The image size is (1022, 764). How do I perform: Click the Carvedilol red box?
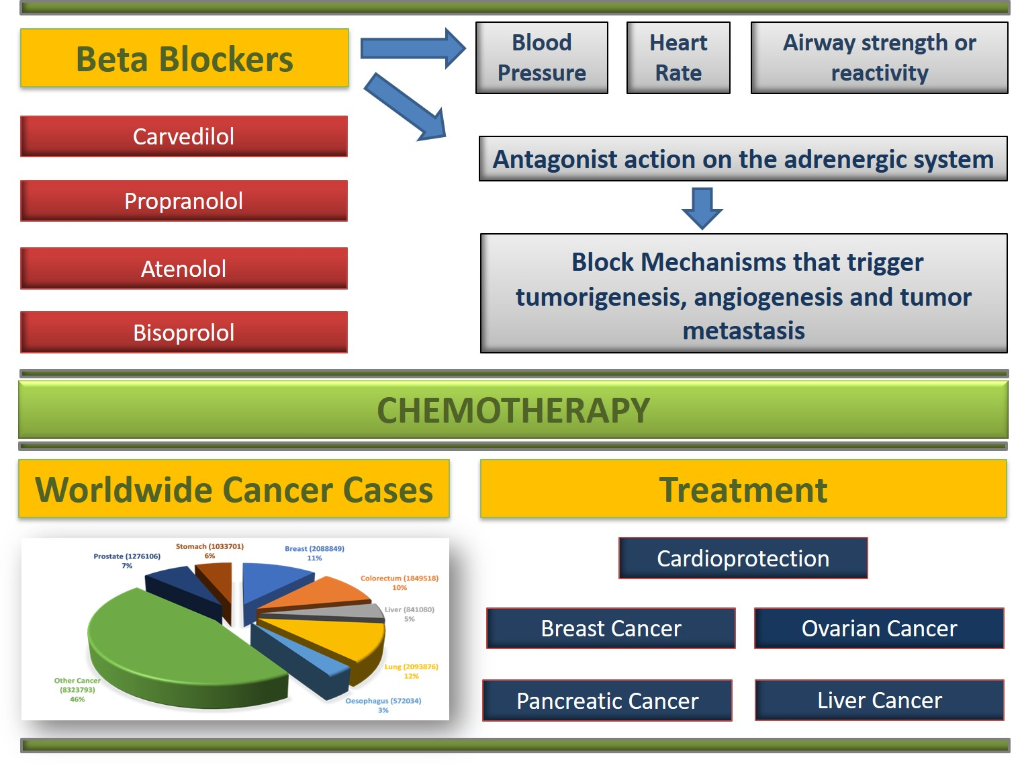tap(184, 136)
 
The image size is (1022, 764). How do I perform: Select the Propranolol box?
tap(184, 201)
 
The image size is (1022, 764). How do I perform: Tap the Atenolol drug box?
tap(184, 268)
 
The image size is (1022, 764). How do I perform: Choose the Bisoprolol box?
tap(184, 332)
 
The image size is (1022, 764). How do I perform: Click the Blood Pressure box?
tap(541, 58)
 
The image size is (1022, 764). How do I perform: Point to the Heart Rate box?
tap(678, 58)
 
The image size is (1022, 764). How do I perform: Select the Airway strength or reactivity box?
tap(880, 58)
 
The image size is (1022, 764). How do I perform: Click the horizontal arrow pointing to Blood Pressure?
tap(413, 48)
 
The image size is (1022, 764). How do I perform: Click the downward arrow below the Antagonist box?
tap(702, 208)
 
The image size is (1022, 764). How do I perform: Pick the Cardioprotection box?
tap(743, 558)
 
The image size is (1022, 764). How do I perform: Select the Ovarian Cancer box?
tap(879, 628)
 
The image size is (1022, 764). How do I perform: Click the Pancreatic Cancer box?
tap(607, 701)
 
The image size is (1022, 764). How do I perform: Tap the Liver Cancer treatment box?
tap(880, 700)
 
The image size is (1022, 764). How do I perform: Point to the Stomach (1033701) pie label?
tap(210, 550)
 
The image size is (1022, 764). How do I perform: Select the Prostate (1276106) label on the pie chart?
tap(127, 560)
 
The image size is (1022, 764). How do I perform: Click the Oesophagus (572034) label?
tap(383, 706)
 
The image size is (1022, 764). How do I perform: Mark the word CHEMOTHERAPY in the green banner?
tap(513, 411)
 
